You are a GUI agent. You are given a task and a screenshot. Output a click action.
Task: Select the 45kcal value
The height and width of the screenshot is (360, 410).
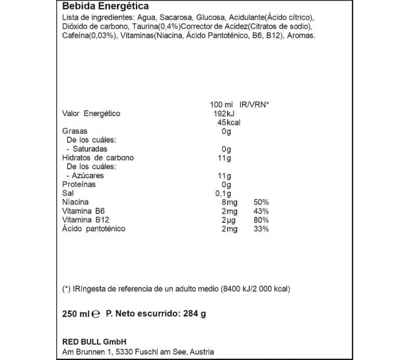tap(229, 123)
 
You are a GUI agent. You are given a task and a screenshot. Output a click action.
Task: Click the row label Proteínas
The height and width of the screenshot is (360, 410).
tap(79, 184)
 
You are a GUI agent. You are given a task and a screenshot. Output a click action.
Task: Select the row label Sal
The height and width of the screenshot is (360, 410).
tap(67, 193)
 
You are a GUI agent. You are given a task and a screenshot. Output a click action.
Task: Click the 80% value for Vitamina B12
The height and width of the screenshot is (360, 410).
tap(261, 219)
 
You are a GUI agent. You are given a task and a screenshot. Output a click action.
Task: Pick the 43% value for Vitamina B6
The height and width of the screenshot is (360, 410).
tap(261, 210)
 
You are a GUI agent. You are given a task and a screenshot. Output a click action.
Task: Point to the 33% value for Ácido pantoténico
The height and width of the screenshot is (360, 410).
tap(261, 228)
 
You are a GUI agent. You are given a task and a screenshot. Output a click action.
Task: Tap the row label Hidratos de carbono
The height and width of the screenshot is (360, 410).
tap(98, 158)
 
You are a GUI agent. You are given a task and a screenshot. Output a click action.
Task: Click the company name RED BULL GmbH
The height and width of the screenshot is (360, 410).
tap(95, 342)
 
